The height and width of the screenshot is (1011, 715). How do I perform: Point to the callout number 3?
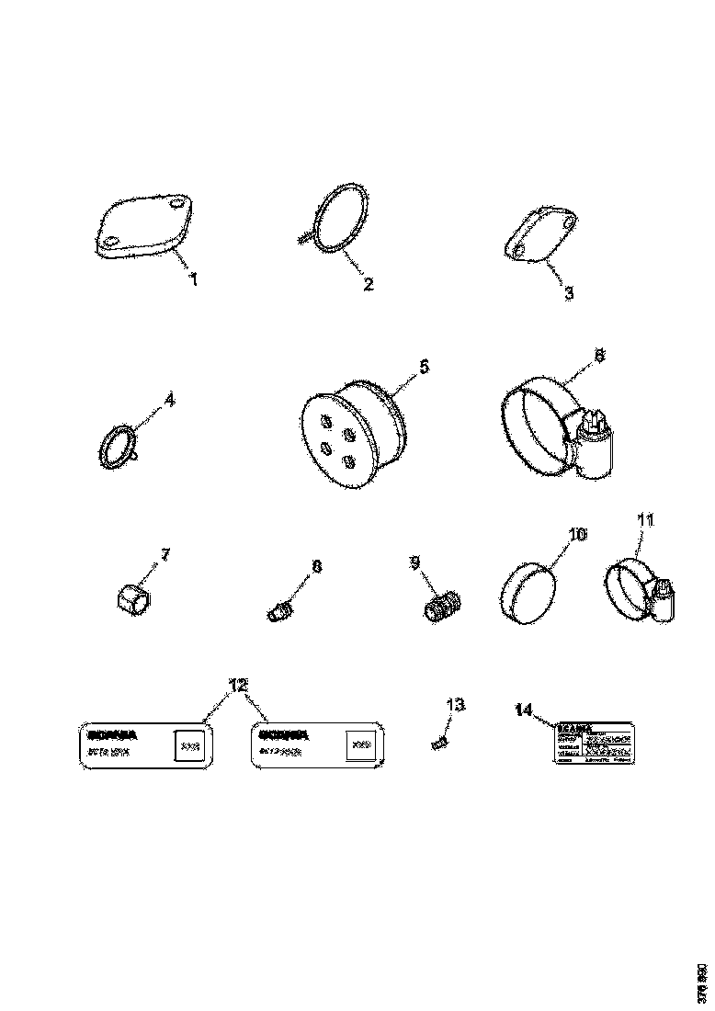pos(569,293)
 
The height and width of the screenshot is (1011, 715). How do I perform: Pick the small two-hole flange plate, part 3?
pos(541,236)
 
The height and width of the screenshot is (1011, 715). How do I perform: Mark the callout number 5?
pos(424,366)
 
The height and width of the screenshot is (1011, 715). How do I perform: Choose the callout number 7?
pos(165,554)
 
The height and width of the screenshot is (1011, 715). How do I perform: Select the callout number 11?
pos(646,520)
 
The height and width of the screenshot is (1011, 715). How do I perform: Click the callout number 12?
pos(238,685)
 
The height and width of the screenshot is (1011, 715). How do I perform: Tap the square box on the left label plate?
pos(190,745)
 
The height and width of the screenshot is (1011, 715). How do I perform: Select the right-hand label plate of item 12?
pos(317,744)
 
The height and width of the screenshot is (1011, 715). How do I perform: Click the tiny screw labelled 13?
pos(439,740)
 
